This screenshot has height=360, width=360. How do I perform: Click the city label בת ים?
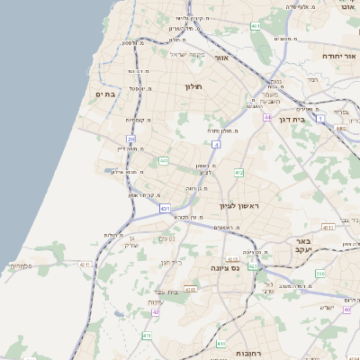click(105, 94)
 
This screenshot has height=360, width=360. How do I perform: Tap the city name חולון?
click(194, 86)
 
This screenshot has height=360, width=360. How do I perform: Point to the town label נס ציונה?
click(224, 267)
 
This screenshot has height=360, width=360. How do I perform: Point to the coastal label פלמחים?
click(21, 265)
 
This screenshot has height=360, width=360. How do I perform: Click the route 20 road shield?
click(131, 139)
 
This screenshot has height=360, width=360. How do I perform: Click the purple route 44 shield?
click(267, 117)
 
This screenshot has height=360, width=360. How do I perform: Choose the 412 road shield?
click(238, 172)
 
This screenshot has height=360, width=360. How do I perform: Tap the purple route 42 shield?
click(155, 311)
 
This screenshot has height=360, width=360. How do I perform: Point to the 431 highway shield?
click(165, 208)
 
